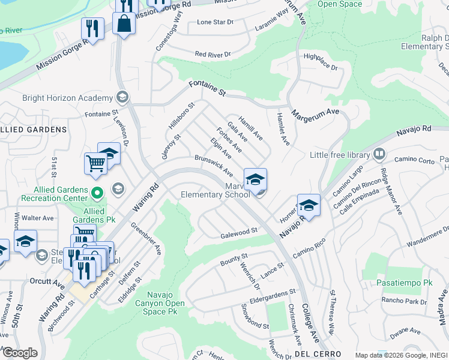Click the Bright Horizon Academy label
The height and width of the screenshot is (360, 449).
pos(67,98)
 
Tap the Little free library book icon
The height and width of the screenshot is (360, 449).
pos(378,155)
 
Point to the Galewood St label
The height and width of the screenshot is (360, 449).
pos(238,231)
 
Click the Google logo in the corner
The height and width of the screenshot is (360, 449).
pos(19,353)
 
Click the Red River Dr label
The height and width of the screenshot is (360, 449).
pos(213,55)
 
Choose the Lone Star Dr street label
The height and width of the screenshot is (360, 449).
pos(215,22)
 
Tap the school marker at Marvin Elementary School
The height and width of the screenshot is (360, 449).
pos(255,178)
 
